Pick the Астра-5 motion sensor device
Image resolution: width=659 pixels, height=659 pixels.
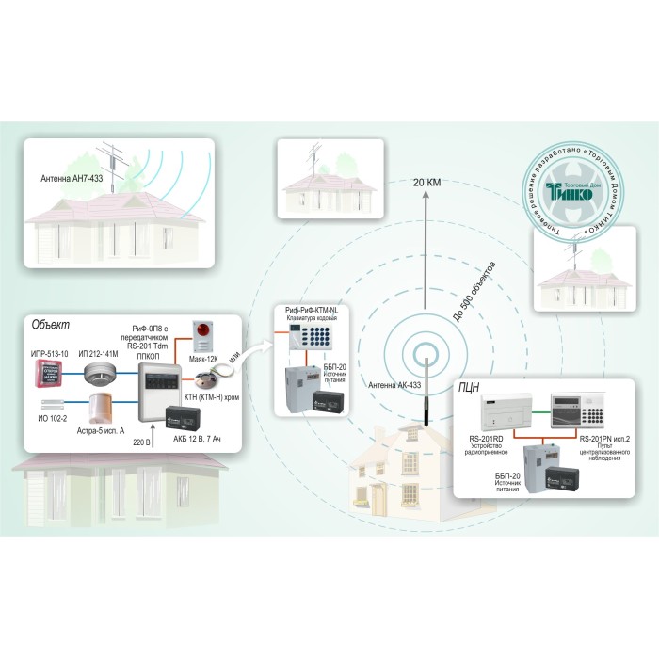101,406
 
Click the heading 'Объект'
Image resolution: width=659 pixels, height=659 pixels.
51,325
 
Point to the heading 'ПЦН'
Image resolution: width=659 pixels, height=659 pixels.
468,386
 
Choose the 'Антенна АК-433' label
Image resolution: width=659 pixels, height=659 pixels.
394,383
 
